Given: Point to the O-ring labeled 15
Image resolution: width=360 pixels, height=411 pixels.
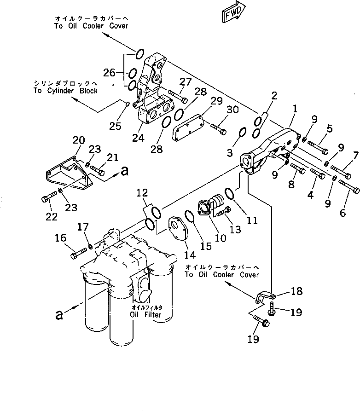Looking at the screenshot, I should tap(189, 215).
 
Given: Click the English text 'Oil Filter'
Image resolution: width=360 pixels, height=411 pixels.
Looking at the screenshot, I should tap(145, 315).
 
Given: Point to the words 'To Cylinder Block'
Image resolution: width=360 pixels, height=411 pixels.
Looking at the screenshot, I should tap(65, 91).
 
